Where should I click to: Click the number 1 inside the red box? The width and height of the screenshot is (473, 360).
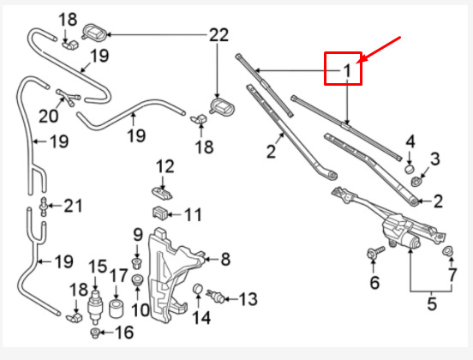click(347, 69)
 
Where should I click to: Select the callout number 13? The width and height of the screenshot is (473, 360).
click(247, 299)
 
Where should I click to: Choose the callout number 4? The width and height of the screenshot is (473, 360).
click(410, 141)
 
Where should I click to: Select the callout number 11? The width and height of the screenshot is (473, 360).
click(193, 214)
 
